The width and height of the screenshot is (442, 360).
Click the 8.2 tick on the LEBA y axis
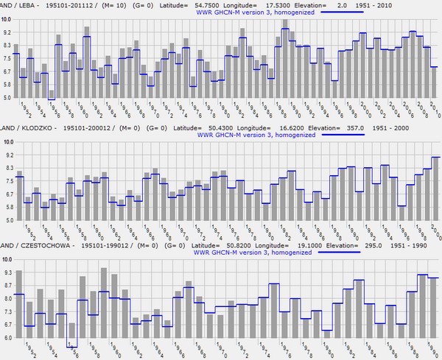tap(7, 46)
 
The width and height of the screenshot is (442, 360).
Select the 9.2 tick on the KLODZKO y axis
tap(7, 155)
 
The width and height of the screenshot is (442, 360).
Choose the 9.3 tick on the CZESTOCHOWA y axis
tap(7, 272)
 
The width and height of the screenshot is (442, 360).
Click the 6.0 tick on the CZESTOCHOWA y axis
tap(7, 338)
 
